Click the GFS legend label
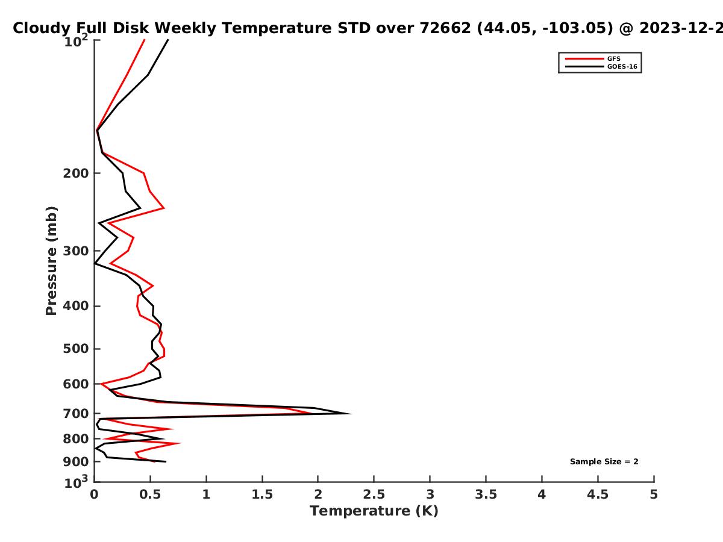click(613, 59)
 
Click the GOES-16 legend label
click(622, 67)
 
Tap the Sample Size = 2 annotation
click(604, 462)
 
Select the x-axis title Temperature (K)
click(374, 511)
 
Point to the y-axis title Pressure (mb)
click(51, 261)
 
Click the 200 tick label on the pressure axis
click(76, 173)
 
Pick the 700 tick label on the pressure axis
click(76, 414)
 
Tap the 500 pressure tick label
click(76, 349)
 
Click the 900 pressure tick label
click(76, 462)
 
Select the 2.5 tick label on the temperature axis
click(374, 494)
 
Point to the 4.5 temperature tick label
click(598, 494)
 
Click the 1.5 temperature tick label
click(262, 494)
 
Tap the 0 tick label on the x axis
click(94, 494)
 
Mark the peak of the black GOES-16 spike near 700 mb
click(351, 414)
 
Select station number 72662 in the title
click(445, 28)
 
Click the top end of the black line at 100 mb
click(168, 40)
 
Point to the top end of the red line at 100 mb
click(144, 40)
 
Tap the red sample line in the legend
click(584, 59)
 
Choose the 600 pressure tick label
click(76, 384)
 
